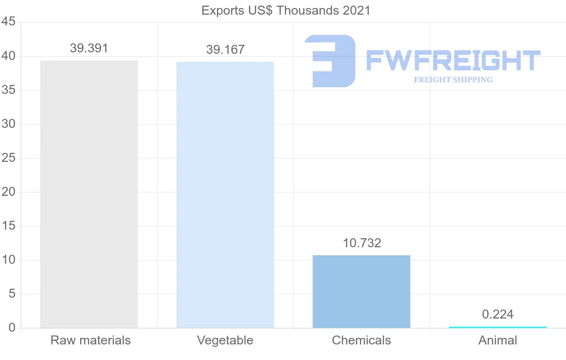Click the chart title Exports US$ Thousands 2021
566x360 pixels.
coord(286,10)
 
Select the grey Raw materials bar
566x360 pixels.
coord(89,194)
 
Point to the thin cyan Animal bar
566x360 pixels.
coord(498,327)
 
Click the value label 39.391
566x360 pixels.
coord(89,48)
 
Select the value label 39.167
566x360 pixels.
coord(225,50)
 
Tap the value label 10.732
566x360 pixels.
coord(362,243)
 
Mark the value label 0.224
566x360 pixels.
coord(498,314)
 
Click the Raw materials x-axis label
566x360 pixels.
coord(91,340)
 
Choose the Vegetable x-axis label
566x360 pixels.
coord(225,340)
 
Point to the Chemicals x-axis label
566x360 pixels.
coord(361,340)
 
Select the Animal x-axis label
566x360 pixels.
coord(498,340)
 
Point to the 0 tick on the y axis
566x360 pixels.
coord(12,328)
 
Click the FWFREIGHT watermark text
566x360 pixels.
coord(453,61)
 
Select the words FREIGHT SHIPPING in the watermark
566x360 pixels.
coord(453,80)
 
